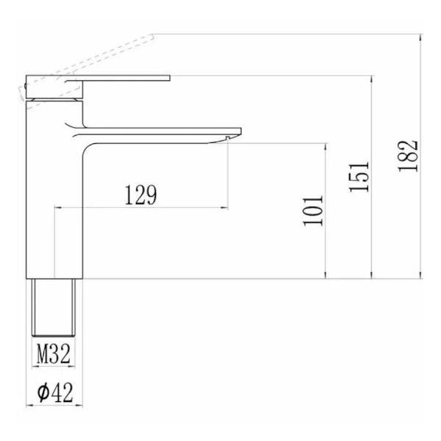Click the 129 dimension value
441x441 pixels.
point(140,195)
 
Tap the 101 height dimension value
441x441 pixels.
point(313,211)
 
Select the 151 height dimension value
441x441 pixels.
point(359,177)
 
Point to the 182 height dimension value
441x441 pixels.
point(408,156)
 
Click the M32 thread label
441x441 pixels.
point(54,354)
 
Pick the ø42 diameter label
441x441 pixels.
point(55,392)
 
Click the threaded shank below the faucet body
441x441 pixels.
point(54,307)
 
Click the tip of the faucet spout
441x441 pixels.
point(240,131)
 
